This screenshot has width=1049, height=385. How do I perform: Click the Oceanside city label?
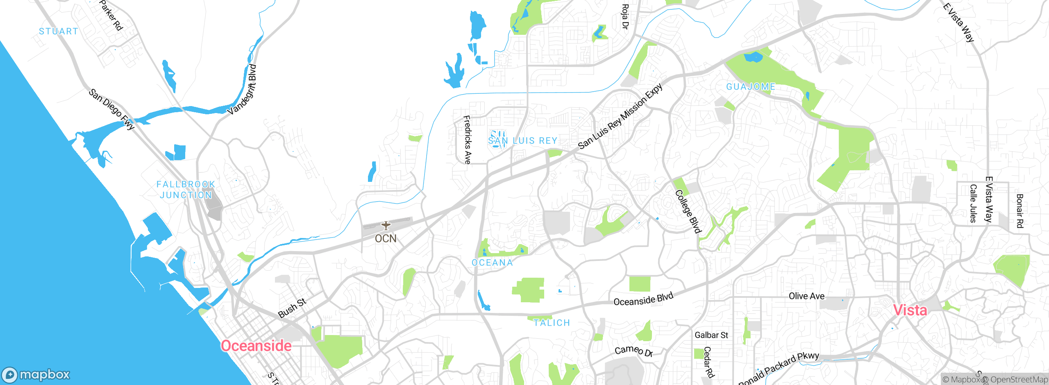click(x=256, y=346)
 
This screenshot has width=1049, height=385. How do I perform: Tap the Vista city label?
click(x=910, y=310)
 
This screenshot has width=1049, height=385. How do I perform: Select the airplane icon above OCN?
click(x=386, y=226)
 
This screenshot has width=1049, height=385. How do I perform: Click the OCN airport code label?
click(x=386, y=239)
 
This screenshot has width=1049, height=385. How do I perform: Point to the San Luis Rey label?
click(x=522, y=141)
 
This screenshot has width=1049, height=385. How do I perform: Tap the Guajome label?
click(x=751, y=87)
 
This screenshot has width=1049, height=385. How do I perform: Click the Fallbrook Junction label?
click(x=186, y=190)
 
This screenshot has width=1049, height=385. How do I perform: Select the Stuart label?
click(x=58, y=32)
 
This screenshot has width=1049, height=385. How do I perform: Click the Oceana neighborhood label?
click(x=492, y=263)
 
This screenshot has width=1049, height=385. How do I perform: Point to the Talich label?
click(x=552, y=323)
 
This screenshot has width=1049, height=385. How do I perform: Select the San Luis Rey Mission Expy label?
click(x=620, y=117)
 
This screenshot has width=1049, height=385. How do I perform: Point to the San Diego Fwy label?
click(x=112, y=109)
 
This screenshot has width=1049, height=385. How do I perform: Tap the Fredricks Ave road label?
click(x=467, y=140)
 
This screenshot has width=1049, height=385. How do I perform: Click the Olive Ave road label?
click(x=806, y=296)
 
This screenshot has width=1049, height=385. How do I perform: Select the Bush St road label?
click(x=292, y=308)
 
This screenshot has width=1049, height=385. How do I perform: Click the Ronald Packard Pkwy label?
click(x=779, y=368)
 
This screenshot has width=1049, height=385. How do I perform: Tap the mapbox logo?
click(x=36, y=375)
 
